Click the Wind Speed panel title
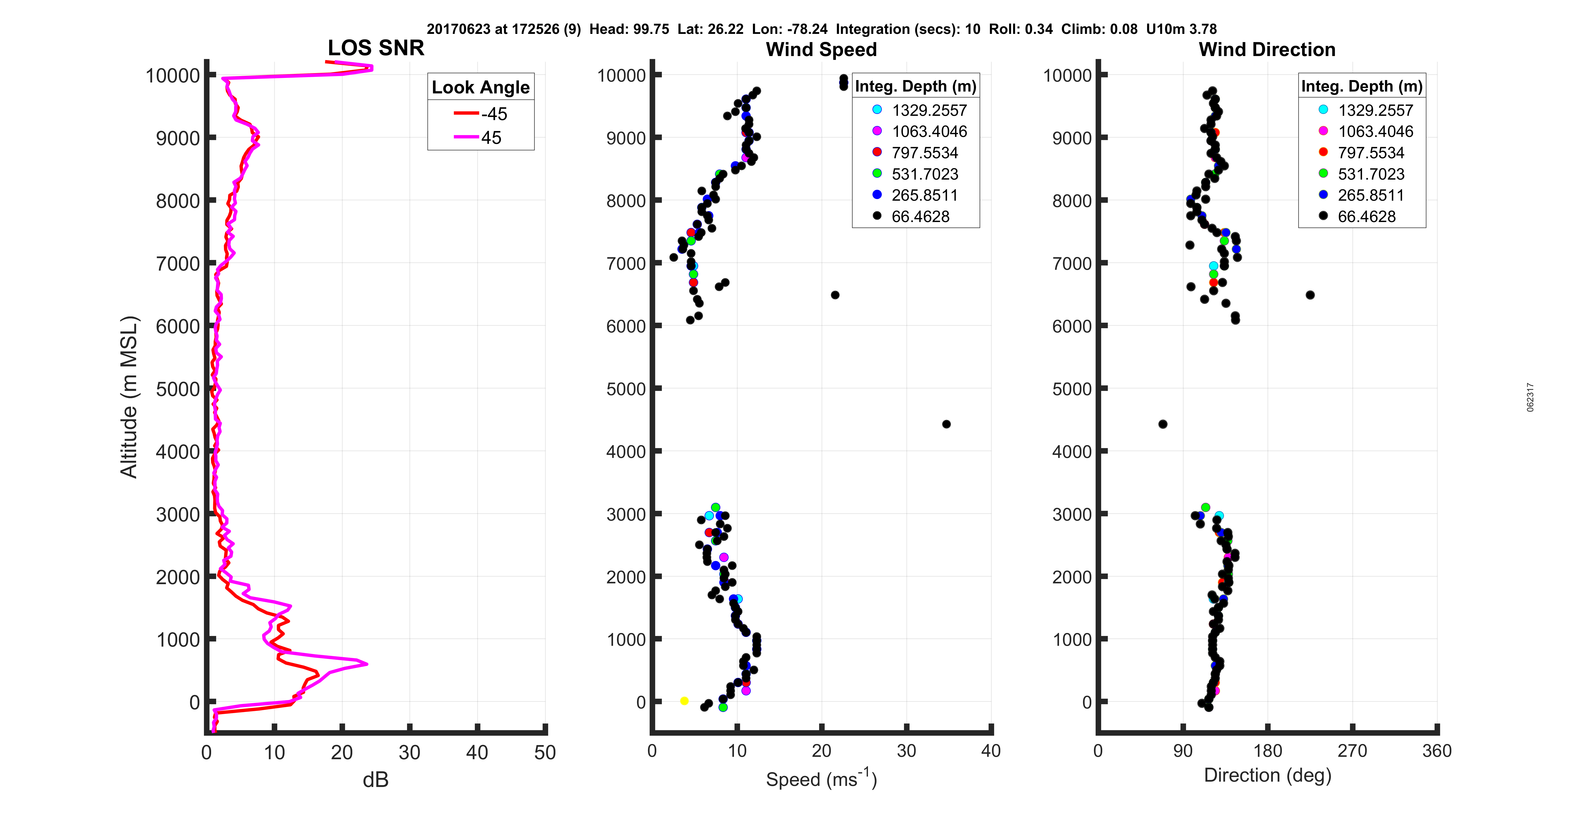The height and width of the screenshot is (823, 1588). click(821, 49)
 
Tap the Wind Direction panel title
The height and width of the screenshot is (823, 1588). click(1267, 49)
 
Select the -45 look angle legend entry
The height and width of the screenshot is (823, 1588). click(481, 114)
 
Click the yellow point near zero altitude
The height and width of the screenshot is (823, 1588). click(684, 701)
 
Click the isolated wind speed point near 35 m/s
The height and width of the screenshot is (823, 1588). click(946, 424)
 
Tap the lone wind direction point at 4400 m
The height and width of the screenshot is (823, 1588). click(1163, 424)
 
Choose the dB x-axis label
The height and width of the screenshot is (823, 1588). click(376, 781)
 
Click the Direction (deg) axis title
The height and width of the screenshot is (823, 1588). click(1267, 775)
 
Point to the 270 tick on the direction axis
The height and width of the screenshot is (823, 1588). click(1352, 751)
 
